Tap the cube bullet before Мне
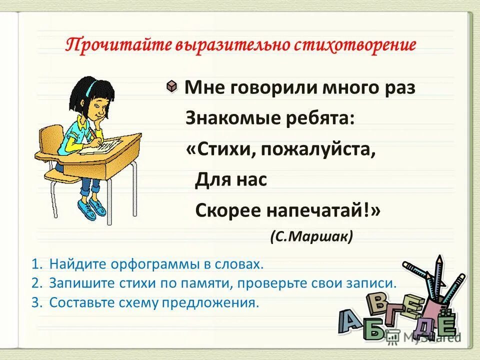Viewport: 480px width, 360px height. [x=171, y=86]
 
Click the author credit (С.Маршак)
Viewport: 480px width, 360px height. [x=311, y=235]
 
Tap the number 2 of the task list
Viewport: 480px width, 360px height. [x=35, y=283]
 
